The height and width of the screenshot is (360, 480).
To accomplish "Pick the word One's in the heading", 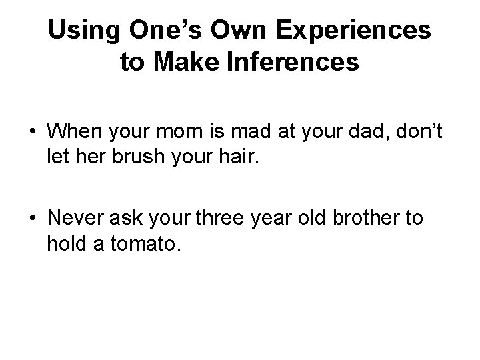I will pos(157,30).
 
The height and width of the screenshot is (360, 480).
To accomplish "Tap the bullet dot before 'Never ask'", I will pos(32,219).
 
